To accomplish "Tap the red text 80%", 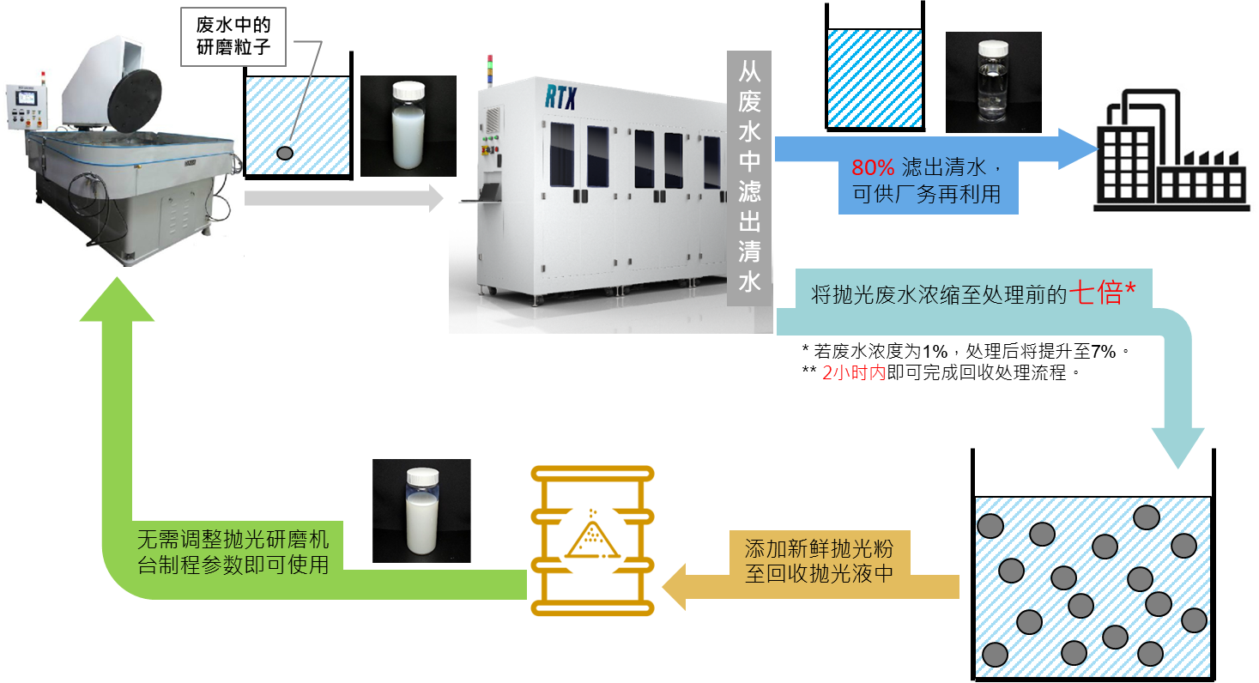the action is (x=872, y=167).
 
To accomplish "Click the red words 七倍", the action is (x=1096, y=293).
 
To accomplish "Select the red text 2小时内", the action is (x=854, y=372).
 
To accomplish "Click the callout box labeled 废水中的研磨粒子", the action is (x=233, y=37).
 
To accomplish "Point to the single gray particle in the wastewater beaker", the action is (x=285, y=153).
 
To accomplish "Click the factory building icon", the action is (x=1171, y=151).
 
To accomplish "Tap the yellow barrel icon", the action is (x=592, y=541).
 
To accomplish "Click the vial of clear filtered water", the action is (x=993, y=82).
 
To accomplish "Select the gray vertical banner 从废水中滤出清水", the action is (x=749, y=178).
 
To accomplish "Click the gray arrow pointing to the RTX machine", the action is (x=344, y=198).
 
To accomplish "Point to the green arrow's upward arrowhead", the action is (x=117, y=299).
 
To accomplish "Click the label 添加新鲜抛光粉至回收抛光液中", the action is (x=819, y=561).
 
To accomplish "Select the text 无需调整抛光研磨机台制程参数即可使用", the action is (x=233, y=552).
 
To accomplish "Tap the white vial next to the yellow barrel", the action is (x=421, y=511).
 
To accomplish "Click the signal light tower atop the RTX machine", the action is (x=490, y=70).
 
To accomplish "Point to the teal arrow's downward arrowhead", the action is (x=1177, y=447).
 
